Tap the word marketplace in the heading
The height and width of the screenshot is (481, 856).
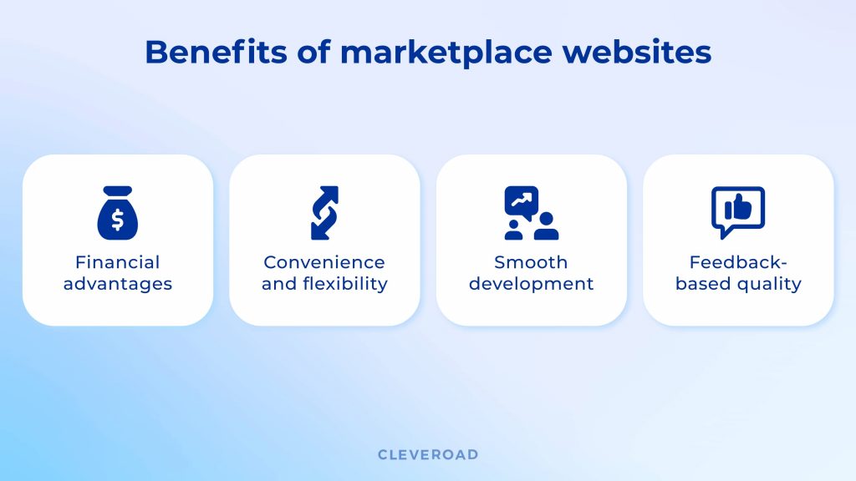click(446, 53)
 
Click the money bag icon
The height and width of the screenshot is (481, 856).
click(118, 213)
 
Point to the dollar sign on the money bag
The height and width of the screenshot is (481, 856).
click(118, 220)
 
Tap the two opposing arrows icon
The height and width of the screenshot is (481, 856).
click(324, 213)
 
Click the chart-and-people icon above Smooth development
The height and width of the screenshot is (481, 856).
click(531, 213)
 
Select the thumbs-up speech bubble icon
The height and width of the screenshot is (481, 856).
click(737, 211)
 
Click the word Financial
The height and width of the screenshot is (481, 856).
click(118, 262)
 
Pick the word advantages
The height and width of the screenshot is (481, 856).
click(118, 284)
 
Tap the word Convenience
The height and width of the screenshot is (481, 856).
click(324, 262)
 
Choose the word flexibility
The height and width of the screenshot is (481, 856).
click(346, 284)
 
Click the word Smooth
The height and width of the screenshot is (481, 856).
click(531, 262)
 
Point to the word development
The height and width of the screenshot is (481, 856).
click(531, 284)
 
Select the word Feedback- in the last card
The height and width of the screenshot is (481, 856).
click(738, 262)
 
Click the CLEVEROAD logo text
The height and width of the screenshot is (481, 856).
click(428, 455)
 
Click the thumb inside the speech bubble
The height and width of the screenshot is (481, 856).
click(738, 208)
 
